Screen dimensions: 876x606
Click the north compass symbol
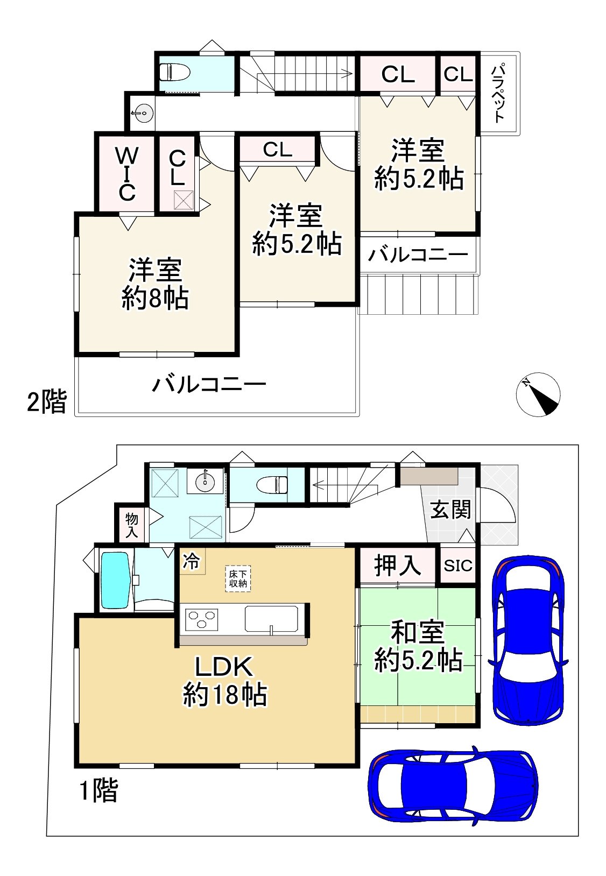click(x=538, y=394)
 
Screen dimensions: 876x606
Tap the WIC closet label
click(x=126, y=173)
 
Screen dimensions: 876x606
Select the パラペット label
click(x=500, y=93)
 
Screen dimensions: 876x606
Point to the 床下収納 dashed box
click(x=238, y=579)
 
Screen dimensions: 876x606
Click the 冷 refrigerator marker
click(x=192, y=561)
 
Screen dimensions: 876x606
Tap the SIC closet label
click(x=458, y=566)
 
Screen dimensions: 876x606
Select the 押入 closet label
click(x=397, y=565)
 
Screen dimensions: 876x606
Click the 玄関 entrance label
click(x=451, y=509)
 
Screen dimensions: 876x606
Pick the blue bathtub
click(x=116, y=581)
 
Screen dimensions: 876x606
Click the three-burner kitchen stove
click(x=202, y=619)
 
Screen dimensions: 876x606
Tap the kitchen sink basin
click(x=271, y=619)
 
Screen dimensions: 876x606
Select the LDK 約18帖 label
click(x=224, y=681)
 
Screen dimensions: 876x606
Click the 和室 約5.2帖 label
click(x=418, y=646)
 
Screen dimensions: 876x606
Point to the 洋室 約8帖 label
click(x=155, y=284)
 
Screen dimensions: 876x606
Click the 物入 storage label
click(x=132, y=525)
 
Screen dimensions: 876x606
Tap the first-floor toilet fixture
click(x=272, y=484)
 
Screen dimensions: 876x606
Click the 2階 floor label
click(x=47, y=401)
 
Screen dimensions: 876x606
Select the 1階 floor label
click(x=98, y=791)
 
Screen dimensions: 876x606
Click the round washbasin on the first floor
click(x=205, y=481)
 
